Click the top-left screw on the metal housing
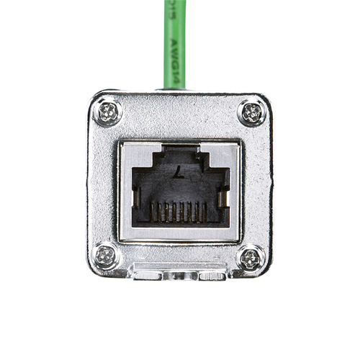[109, 112]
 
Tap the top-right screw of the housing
[251, 112]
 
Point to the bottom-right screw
[251, 258]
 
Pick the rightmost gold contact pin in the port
[205, 212]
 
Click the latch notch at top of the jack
[180, 150]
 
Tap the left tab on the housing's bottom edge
[148, 276]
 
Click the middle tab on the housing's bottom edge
[180, 276]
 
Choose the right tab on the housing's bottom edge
[212, 276]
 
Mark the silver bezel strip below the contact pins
[180, 233]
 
